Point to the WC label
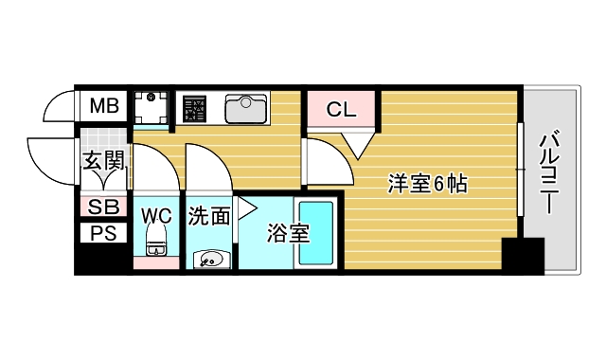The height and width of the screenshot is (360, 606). coord(156,215)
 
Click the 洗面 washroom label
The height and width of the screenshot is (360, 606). coord(207,216)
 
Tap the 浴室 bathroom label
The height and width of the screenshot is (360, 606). coord(287,232)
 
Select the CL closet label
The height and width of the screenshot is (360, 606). coord(341,110)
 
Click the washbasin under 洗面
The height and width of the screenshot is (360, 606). coord(209,258)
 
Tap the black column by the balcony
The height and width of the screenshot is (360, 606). coord(523,256)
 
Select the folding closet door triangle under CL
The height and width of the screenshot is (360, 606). coord(359,144)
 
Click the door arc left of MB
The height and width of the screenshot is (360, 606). coord(60,106)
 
